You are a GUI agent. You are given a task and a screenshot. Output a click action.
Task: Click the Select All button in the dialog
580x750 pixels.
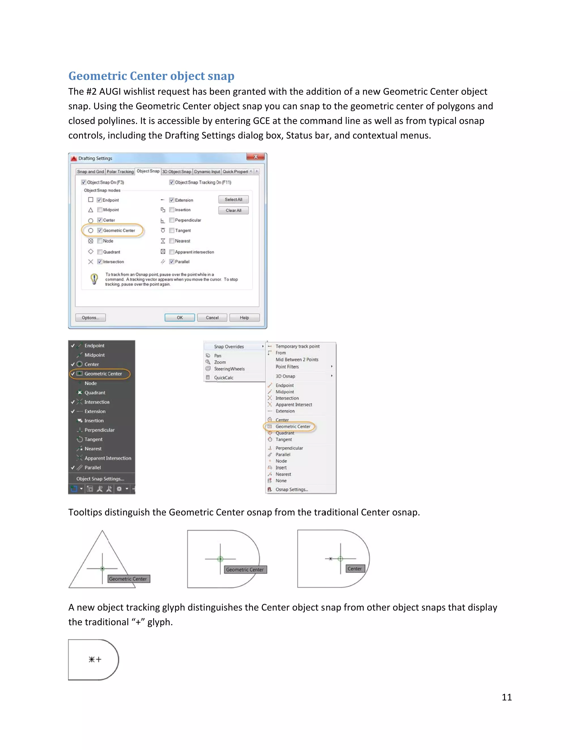233,200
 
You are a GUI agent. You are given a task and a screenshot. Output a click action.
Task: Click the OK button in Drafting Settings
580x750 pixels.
180,318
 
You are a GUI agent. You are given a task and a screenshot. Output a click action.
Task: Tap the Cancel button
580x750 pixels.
212,318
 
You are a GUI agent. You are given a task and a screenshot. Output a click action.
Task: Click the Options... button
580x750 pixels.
90,318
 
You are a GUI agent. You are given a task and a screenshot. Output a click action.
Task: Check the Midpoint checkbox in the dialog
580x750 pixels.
100,210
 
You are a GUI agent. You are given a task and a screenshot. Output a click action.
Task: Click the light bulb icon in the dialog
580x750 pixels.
94,279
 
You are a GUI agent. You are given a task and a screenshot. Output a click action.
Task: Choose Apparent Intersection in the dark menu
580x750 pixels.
108,458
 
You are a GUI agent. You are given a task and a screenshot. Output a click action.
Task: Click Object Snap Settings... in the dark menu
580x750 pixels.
100,479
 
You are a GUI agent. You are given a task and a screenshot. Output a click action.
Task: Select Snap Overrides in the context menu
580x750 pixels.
229,346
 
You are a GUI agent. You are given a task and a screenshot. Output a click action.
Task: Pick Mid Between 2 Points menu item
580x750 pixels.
297,359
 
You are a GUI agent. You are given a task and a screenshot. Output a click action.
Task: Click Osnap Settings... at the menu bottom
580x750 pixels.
292,489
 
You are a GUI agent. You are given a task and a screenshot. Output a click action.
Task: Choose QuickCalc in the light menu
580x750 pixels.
224,378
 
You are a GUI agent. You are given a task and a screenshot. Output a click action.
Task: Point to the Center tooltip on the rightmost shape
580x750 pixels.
354,569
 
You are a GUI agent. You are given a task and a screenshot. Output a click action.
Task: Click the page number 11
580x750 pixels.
506,697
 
